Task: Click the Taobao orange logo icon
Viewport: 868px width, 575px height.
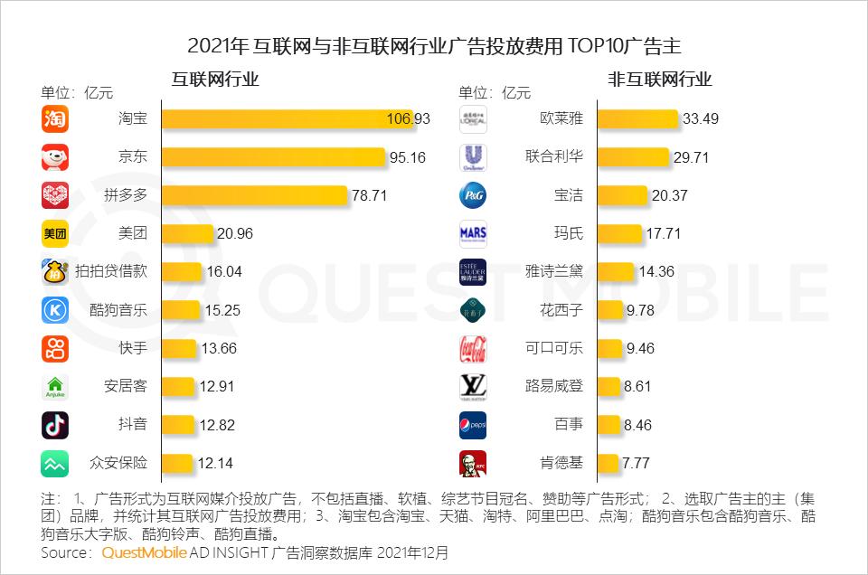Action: [x=55, y=118]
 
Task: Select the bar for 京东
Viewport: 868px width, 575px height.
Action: [x=273, y=157]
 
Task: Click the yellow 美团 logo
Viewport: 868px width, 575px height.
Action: [x=55, y=233]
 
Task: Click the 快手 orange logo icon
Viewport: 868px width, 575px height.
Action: [x=55, y=348]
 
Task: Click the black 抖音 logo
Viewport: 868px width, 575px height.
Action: [x=55, y=425]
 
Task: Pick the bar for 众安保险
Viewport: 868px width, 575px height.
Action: [x=176, y=463]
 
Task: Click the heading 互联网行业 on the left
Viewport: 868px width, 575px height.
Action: [x=215, y=80]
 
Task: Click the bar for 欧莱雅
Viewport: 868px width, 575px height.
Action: [x=637, y=118]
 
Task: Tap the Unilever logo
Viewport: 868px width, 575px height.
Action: [x=473, y=157]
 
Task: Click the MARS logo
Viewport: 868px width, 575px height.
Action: [x=473, y=233]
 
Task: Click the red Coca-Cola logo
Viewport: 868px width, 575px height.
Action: [x=473, y=348]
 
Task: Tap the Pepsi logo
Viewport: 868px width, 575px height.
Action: [x=473, y=425]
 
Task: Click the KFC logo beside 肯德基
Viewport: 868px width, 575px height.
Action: [x=473, y=463]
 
